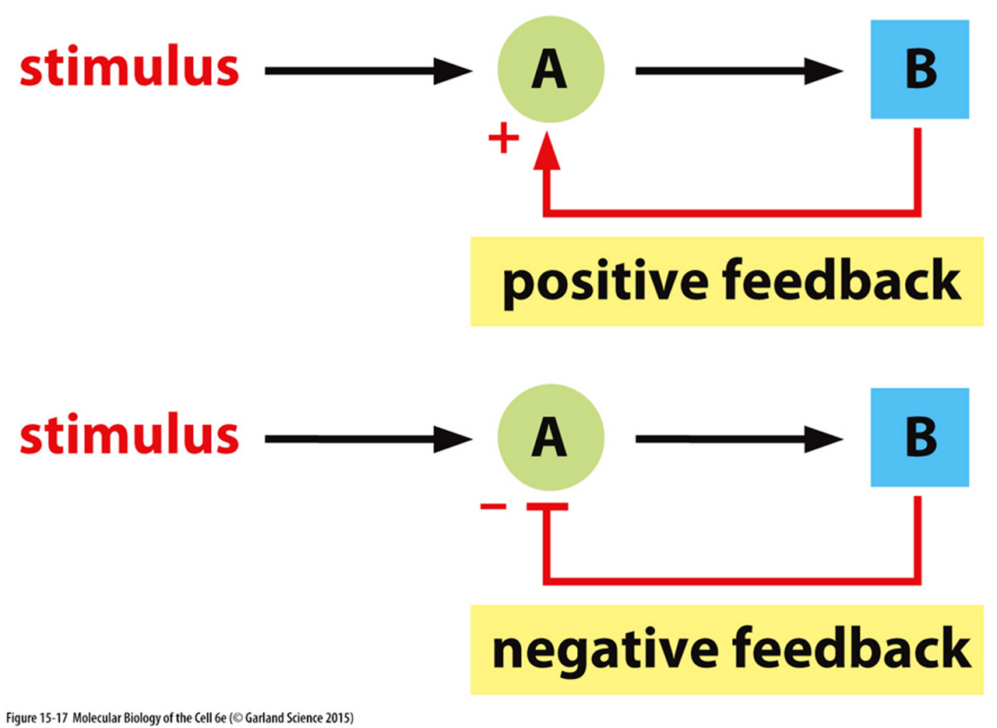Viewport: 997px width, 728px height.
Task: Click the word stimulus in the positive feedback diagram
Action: (129, 69)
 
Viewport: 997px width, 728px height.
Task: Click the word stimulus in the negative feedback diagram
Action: (129, 437)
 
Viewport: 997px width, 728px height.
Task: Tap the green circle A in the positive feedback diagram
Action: (550, 70)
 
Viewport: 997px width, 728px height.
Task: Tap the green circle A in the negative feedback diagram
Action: (550, 438)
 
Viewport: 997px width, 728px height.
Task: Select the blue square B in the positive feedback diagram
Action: (920, 70)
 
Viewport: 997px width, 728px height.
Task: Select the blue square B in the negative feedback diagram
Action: (920, 438)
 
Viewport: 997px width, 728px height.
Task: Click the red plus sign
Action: (503, 140)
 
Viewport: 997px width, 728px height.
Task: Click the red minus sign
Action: (494, 507)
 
